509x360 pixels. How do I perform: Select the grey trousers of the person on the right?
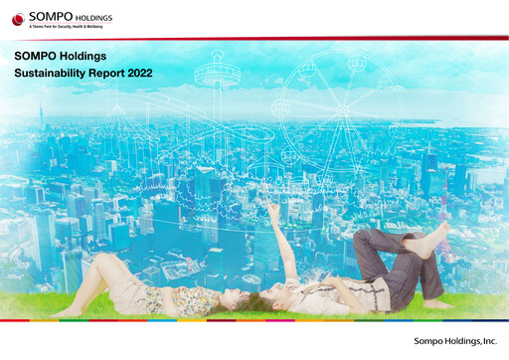click(x=383, y=264)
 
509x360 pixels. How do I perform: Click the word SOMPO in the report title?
click(x=40, y=56)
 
